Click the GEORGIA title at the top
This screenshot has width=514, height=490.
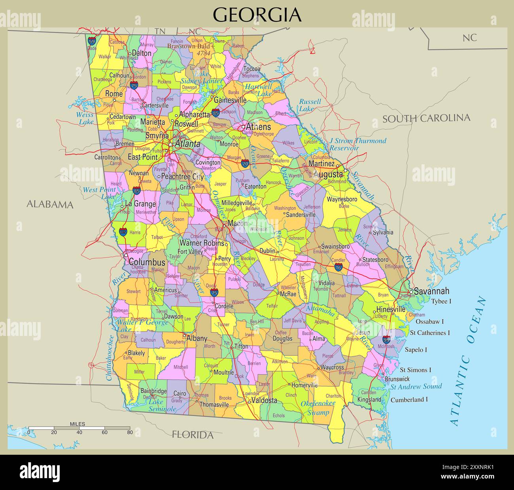click(x=257, y=15)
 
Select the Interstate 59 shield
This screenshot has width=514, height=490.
click(x=92, y=40)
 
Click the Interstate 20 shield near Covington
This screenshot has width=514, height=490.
click(x=245, y=163)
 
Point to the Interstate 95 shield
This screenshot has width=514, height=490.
click(x=386, y=339)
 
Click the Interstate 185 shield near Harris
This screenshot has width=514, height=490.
click(x=123, y=232)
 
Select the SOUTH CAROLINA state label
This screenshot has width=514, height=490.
click(x=426, y=118)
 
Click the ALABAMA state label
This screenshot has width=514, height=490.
click(x=50, y=204)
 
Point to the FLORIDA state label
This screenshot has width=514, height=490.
click(x=193, y=435)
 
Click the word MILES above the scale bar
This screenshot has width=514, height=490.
click(x=77, y=424)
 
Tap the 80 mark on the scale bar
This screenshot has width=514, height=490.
click(x=130, y=432)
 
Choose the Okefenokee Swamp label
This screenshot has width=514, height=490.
click(x=318, y=408)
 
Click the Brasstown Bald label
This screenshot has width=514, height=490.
click(x=188, y=46)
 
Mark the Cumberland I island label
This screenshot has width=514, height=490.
click(x=409, y=400)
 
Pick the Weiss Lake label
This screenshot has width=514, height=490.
click(x=85, y=118)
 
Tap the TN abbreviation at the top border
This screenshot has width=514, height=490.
click(x=160, y=31)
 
